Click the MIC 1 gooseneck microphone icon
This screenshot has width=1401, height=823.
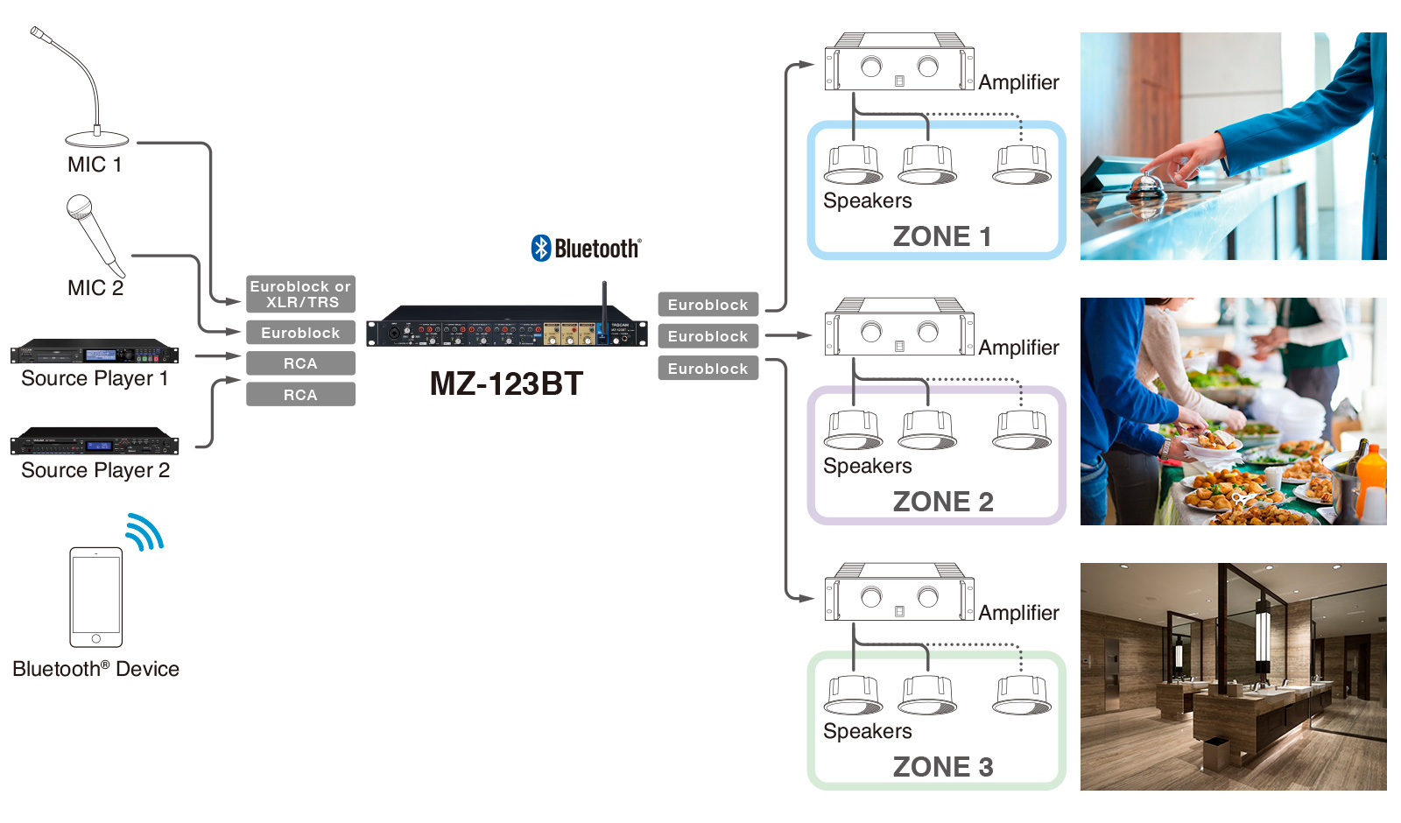[88, 96]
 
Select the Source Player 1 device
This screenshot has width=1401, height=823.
[95, 351]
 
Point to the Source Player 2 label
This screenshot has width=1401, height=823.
[95, 470]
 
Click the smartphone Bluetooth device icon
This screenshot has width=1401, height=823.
[96, 597]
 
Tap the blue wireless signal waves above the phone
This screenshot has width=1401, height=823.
[144, 531]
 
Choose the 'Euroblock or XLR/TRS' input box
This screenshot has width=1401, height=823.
[300, 294]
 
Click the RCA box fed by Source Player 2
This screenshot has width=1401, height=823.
[300, 395]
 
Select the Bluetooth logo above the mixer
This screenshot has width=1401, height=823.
[586, 249]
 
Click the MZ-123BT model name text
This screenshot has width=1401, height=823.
[506, 383]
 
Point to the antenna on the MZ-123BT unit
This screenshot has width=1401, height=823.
[604, 302]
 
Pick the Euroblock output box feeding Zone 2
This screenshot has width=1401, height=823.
[708, 336]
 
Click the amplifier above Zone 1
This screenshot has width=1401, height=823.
[899, 63]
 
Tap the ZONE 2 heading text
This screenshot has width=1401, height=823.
[943, 502]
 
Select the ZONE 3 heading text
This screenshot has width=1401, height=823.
[943, 767]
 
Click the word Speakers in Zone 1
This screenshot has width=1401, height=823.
[867, 200]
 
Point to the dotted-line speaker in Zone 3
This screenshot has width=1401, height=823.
[1021, 695]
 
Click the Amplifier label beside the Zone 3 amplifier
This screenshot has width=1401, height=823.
[1018, 613]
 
